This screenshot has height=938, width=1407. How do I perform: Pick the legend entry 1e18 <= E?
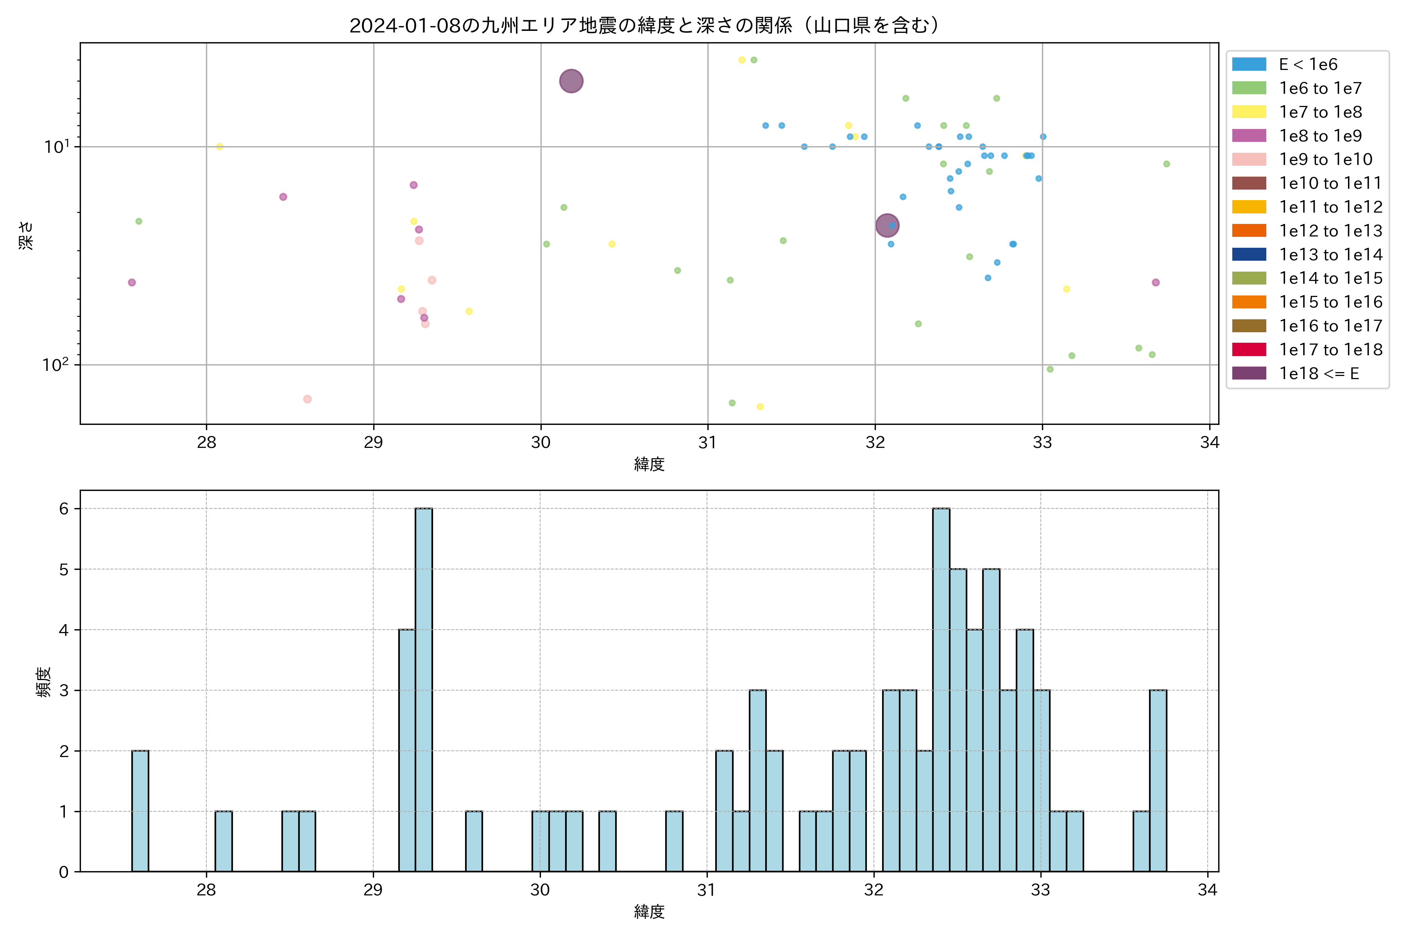[1318, 374]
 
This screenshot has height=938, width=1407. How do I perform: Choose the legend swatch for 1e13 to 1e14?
[1249, 255]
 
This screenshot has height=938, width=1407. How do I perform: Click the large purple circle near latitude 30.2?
[571, 81]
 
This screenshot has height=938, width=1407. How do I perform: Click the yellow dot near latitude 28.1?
[220, 147]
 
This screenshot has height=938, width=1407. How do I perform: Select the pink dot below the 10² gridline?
[307, 399]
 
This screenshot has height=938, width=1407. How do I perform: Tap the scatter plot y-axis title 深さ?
[26, 235]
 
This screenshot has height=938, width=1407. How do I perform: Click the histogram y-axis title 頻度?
[43, 682]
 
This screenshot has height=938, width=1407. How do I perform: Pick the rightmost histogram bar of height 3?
[1158, 780]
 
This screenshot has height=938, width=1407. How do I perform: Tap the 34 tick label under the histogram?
[1207, 891]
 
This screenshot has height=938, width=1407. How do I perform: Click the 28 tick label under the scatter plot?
[206, 443]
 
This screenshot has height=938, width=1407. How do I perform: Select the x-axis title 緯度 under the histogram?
[649, 912]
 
